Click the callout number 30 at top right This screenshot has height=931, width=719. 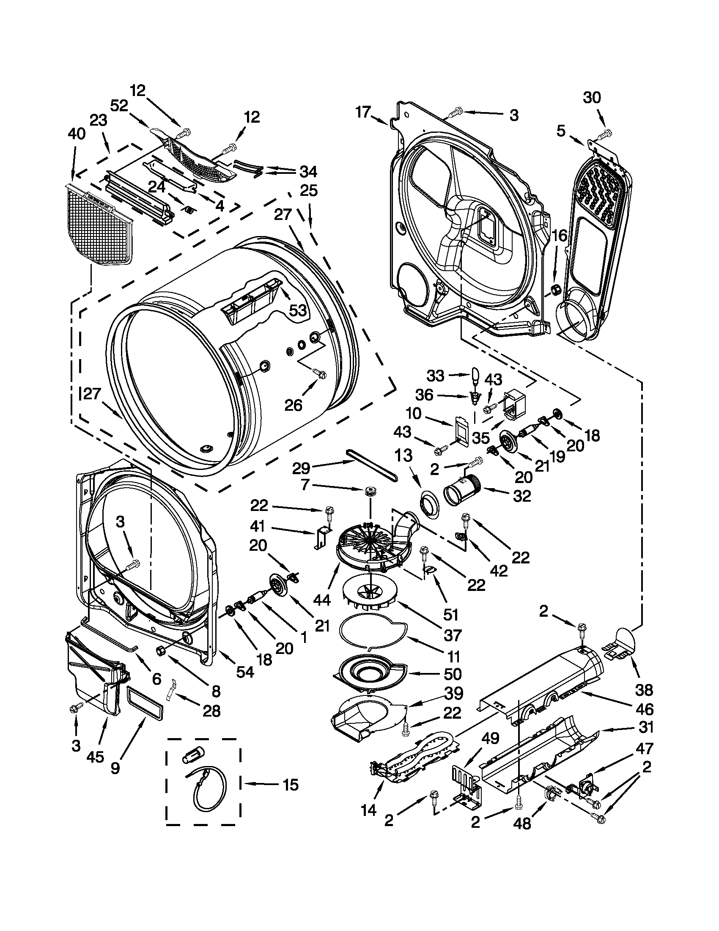pyautogui.click(x=592, y=98)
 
